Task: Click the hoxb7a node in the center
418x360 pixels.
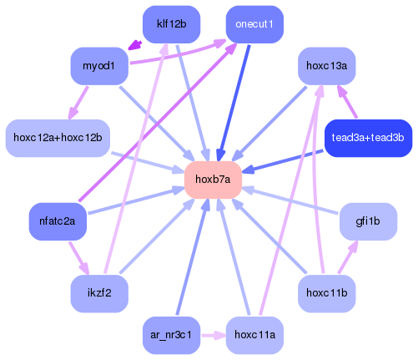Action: pos(213,180)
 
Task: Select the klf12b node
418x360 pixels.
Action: pos(171,23)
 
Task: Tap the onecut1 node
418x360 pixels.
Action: pos(254,23)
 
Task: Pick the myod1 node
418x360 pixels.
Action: pos(98,65)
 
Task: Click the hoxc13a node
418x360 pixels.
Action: pos(326,65)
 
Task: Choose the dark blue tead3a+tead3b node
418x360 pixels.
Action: pos(367,137)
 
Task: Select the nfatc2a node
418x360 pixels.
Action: pos(57,221)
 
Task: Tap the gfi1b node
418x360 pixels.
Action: pos(368,221)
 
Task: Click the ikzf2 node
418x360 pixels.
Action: pos(98,293)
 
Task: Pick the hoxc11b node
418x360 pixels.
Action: pos(326,293)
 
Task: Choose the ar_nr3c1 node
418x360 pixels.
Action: pos(171,335)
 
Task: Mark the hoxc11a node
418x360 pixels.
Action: pos(254,335)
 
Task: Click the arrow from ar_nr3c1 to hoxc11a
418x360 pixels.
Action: pos(214,335)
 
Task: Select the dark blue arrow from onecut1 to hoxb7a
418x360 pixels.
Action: pos(235,100)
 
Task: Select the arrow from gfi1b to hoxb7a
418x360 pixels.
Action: pos(292,200)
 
